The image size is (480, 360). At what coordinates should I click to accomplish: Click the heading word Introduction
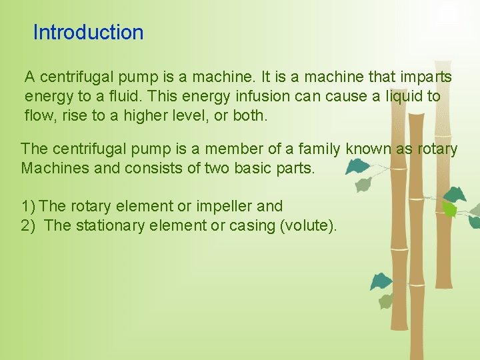point(88,32)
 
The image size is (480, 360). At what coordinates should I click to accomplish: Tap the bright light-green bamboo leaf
point(450,209)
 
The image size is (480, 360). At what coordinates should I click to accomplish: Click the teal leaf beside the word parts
point(358,166)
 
